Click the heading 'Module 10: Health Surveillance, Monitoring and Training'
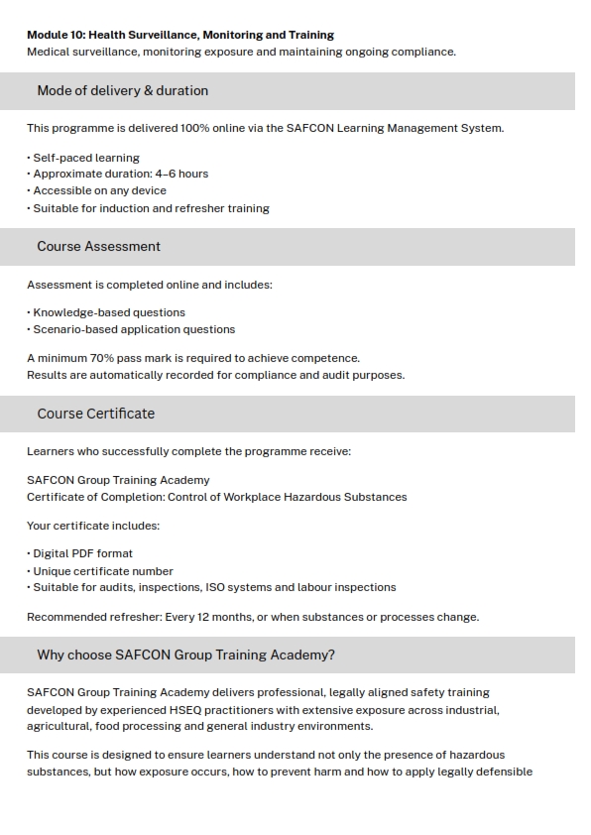(180, 35)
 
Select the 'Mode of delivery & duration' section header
(122, 90)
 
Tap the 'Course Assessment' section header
(98, 246)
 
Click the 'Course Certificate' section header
(95, 414)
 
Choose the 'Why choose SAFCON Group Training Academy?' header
(185, 655)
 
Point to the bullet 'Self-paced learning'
(86, 158)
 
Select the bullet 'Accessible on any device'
(99, 190)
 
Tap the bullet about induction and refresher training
(151, 208)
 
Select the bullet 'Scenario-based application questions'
(134, 329)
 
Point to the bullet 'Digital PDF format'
(82, 553)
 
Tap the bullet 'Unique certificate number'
(103, 571)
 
